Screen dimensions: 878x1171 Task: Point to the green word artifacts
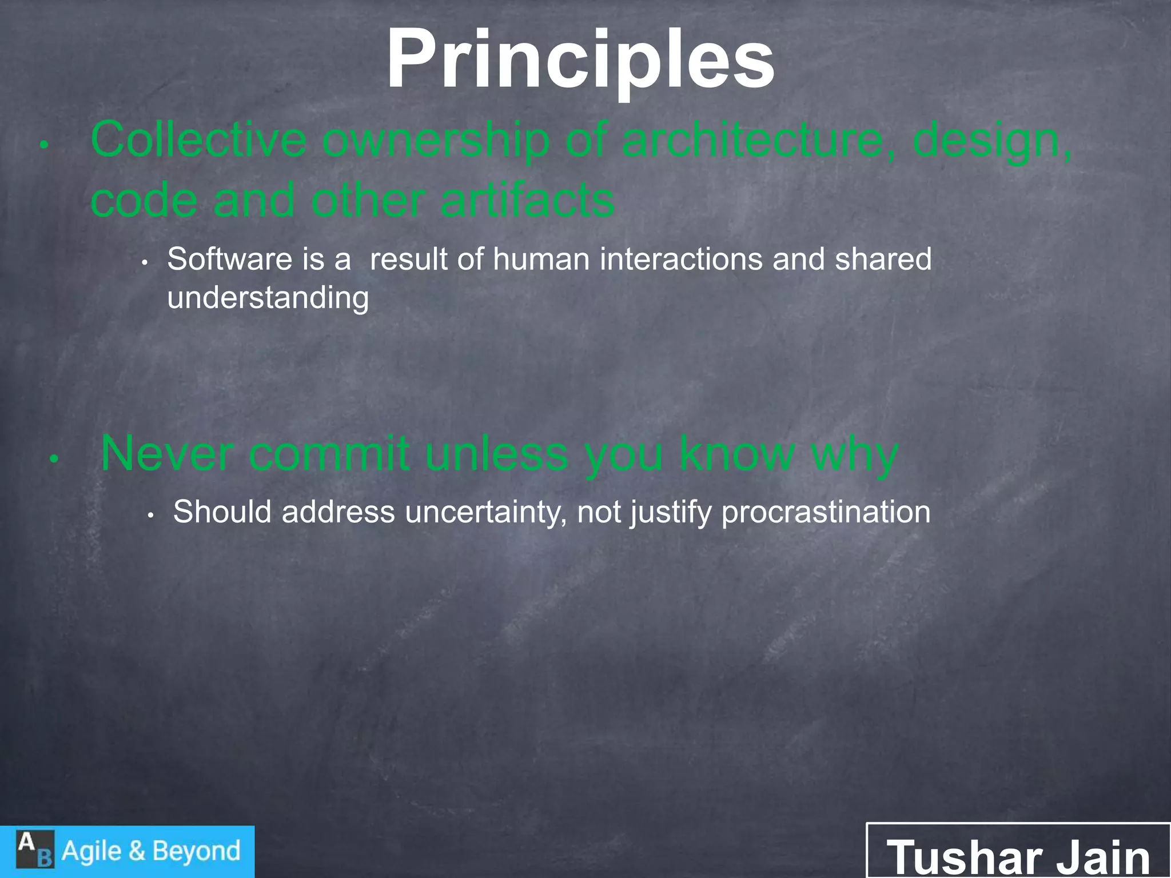point(527,201)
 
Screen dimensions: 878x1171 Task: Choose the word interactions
point(681,260)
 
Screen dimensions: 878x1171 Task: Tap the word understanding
point(268,298)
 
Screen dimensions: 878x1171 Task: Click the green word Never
point(166,454)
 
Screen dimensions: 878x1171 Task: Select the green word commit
point(329,454)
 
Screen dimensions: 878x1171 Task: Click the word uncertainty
point(486,512)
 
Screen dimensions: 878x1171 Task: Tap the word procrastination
point(826,512)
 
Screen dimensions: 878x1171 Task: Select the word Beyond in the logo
point(196,851)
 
